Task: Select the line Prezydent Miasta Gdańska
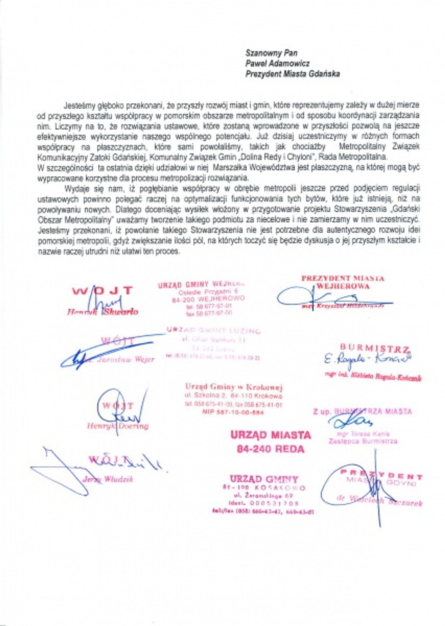292,74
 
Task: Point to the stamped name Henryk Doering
118,426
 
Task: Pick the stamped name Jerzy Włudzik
108,479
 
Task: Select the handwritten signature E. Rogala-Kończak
368,359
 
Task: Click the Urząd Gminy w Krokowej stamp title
234,387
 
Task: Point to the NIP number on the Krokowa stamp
233,412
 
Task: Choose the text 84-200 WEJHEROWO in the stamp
208,299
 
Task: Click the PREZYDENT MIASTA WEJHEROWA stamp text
343,282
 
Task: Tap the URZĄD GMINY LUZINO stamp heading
213,330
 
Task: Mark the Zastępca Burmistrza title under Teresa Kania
363,441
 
